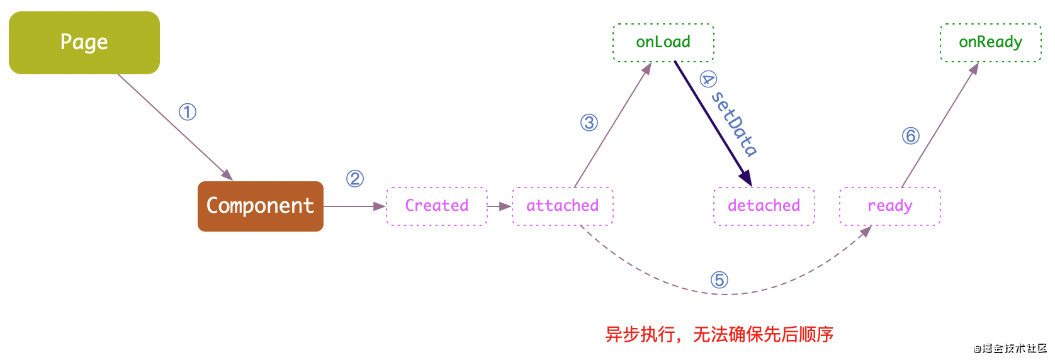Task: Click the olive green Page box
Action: (84, 43)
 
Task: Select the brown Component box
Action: (261, 206)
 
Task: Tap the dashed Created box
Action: (437, 206)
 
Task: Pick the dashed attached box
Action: (563, 206)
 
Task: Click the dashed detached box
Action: (764, 206)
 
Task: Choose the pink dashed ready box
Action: (890, 206)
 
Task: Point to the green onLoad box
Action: (663, 43)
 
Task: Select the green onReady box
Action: (991, 43)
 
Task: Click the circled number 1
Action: (188, 112)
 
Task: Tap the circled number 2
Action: (355, 179)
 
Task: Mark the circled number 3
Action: (589, 123)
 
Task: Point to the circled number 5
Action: (719, 280)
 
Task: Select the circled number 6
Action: (911, 136)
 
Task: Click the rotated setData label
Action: (735, 123)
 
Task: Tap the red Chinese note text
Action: (719, 334)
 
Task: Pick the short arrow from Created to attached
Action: (499, 206)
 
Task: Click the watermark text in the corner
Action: (1010, 349)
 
